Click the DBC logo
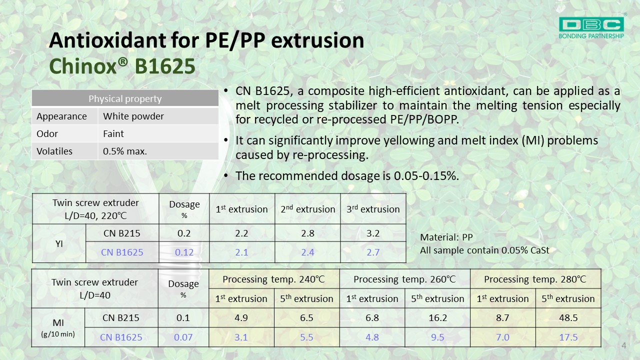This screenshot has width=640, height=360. [x=591, y=27]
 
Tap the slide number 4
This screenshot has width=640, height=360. [x=623, y=345]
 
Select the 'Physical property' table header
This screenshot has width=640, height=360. [x=125, y=98]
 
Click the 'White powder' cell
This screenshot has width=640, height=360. [x=133, y=116]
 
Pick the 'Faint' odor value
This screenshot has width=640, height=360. [x=113, y=133]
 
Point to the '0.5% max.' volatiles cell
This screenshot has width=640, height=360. [x=125, y=151]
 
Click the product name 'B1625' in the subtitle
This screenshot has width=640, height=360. [x=165, y=66]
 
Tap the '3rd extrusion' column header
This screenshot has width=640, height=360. [x=373, y=209]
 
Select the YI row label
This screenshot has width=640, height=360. [x=59, y=243]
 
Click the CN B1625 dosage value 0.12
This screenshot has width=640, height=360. [x=184, y=252]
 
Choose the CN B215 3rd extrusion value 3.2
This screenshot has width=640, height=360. [x=373, y=233]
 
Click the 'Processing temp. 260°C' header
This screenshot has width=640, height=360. [x=404, y=279]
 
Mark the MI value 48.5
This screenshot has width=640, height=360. [x=568, y=317]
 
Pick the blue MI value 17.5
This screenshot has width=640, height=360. [x=568, y=337]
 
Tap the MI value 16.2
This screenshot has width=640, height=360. [x=437, y=317]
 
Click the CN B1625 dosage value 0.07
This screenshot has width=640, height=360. [x=183, y=337]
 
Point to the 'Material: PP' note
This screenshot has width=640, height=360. [x=446, y=237]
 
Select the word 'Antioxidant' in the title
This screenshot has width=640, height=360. [x=107, y=40]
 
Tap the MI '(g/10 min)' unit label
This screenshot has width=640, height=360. [x=58, y=334]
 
